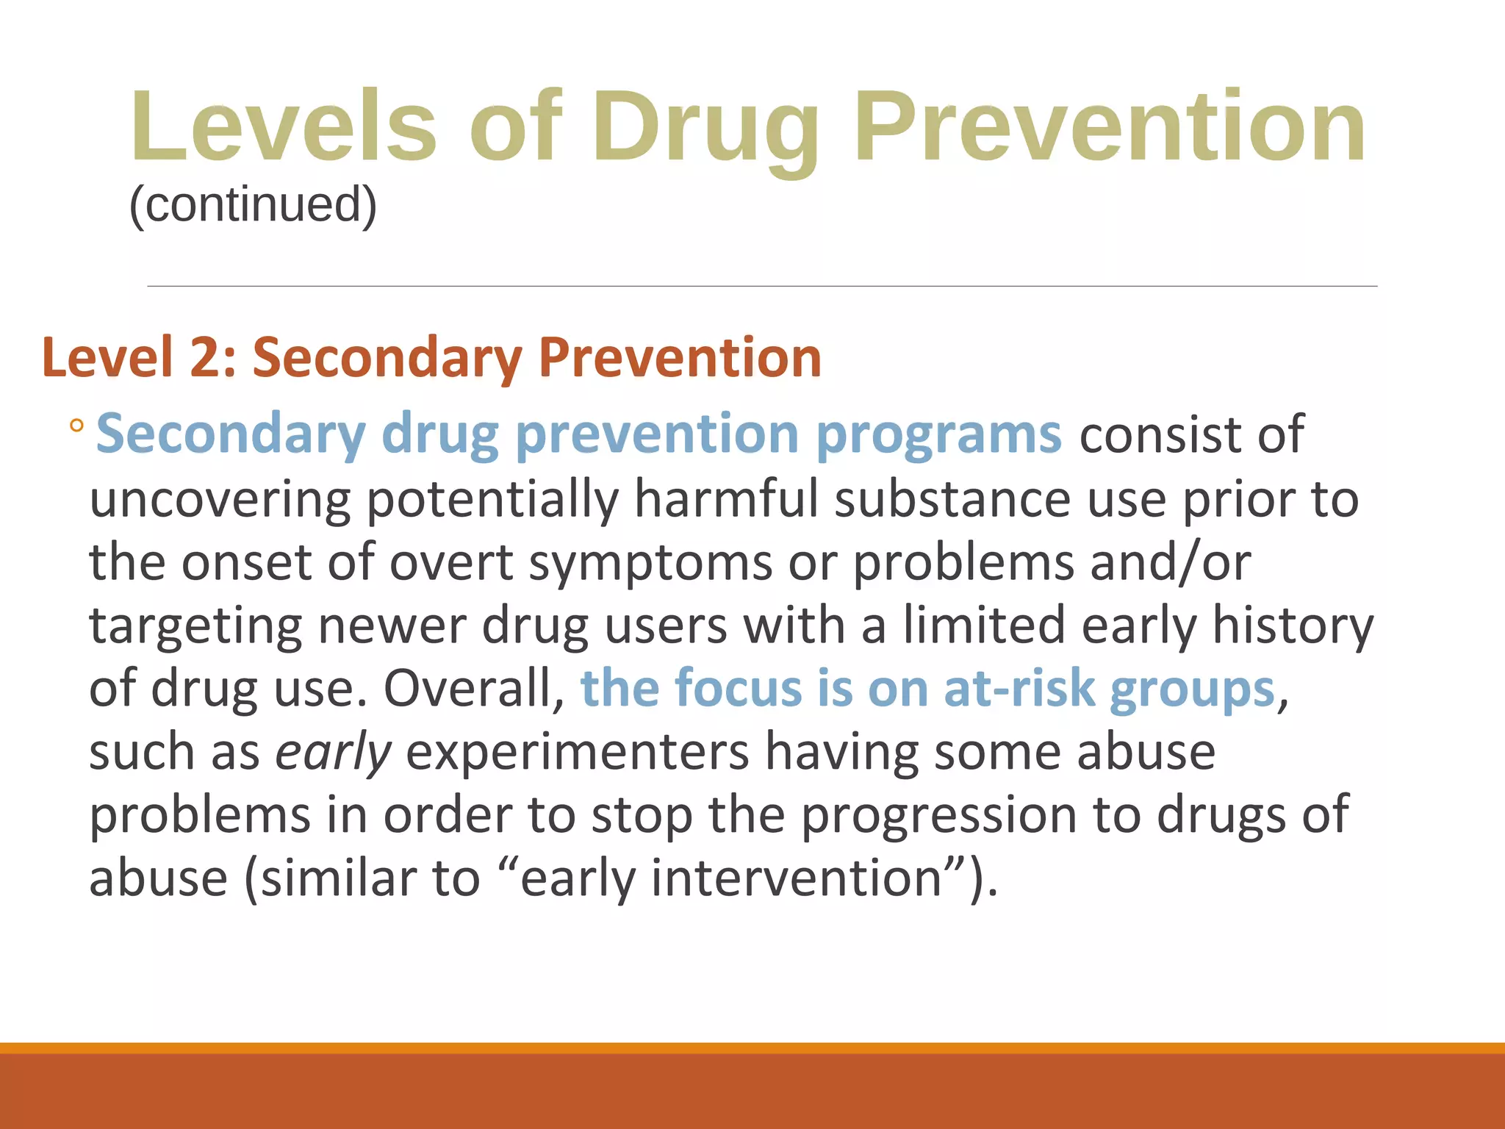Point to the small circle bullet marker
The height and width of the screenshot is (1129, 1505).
tap(76, 426)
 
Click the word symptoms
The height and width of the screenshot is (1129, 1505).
tap(650, 563)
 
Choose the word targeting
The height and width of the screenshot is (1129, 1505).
tap(195, 626)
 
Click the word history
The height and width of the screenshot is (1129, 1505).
tap(1292, 626)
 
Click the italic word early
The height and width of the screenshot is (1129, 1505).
tap(334, 753)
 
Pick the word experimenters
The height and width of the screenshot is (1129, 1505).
tap(577, 753)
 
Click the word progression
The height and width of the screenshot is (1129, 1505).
tap(938, 816)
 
